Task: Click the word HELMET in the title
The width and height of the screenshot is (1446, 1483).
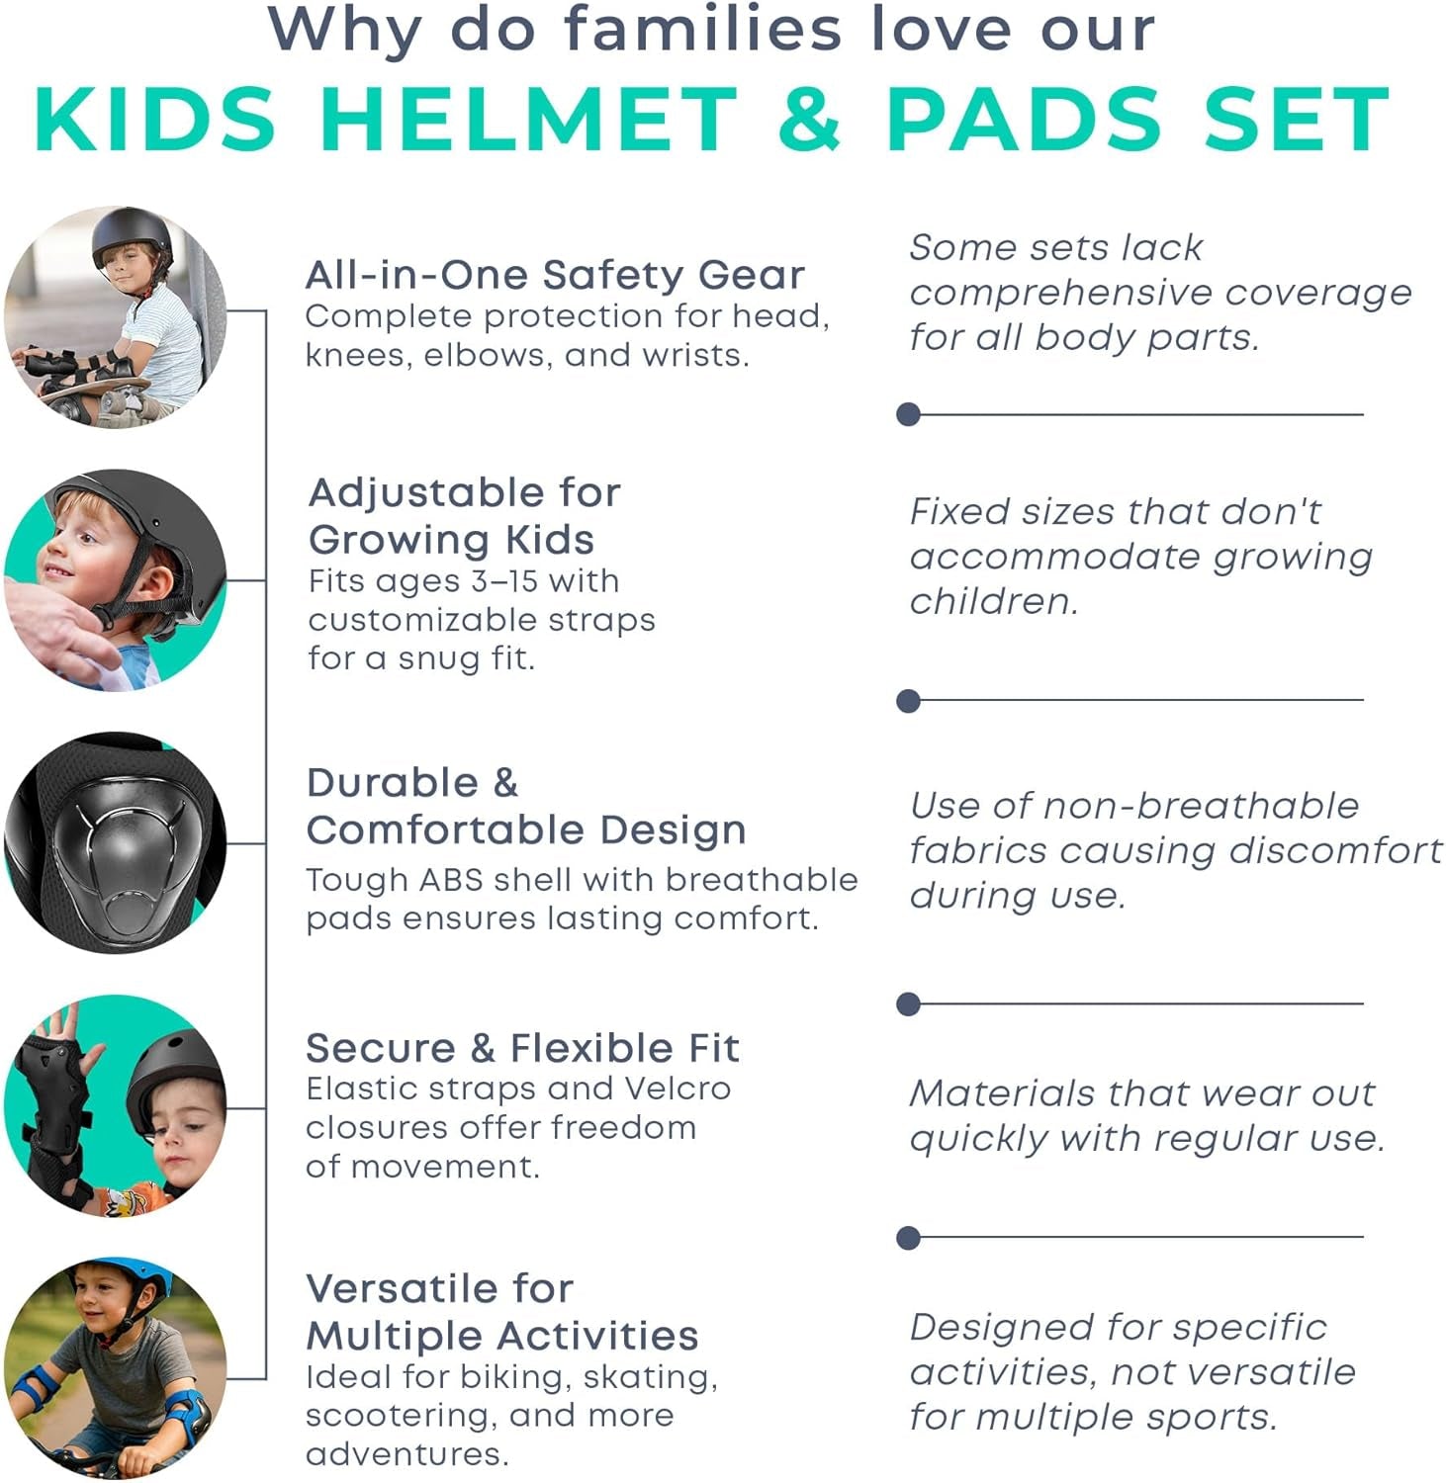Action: (529, 119)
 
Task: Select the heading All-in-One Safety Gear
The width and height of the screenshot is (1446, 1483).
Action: (555, 275)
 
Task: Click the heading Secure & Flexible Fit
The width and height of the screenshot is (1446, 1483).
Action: (522, 1048)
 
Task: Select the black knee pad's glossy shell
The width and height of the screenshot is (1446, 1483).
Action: (124, 845)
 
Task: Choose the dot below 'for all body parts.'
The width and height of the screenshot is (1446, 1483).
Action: (908, 414)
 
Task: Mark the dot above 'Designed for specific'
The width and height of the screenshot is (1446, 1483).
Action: (908, 1237)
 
